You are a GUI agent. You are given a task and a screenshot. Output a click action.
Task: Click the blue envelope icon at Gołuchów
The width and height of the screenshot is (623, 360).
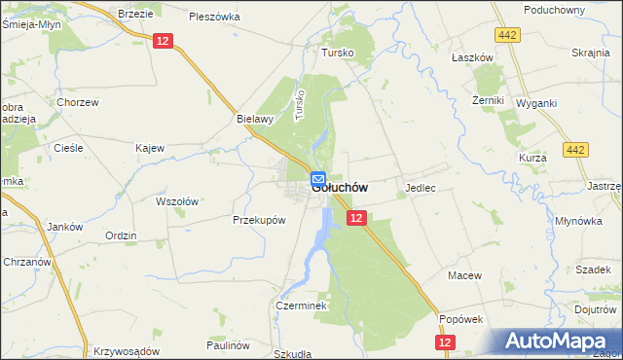pyautogui.click(x=318, y=179)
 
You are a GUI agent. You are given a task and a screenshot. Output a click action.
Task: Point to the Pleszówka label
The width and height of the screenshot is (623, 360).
pyautogui.click(x=214, y=17)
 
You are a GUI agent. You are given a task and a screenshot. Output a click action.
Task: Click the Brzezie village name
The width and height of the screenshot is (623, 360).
pyautogui.click(x=135, y=14)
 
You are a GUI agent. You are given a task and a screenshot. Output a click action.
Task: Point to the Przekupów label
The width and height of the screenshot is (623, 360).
pyautogui.click(x=259, y=220)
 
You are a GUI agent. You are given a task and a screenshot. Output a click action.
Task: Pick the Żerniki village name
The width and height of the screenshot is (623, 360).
pyautogui.click(x=487, y=100)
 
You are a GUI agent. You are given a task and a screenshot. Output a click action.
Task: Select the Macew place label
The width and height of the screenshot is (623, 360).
pyautogui.click(x=464, y=275)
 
